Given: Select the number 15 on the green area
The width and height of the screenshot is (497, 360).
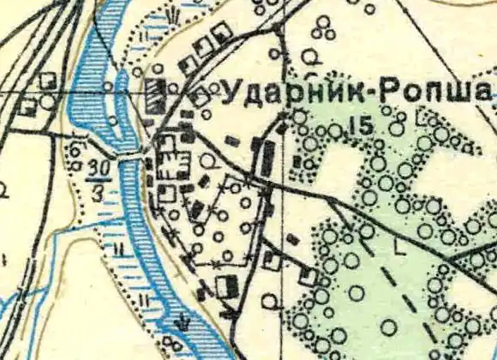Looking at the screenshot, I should tap(361, 126).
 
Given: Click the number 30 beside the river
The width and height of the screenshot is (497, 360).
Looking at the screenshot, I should tap(100, 166).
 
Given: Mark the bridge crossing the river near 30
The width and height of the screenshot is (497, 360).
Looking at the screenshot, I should tap(129, 158).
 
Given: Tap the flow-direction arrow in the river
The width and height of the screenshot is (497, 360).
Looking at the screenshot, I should tap(182, 323).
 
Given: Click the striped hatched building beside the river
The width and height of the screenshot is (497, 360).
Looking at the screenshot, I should tap(155, 96).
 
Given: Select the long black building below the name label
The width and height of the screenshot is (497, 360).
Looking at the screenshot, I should tap(267, 158).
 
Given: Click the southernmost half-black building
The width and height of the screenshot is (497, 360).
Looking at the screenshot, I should tap(228, 285).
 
